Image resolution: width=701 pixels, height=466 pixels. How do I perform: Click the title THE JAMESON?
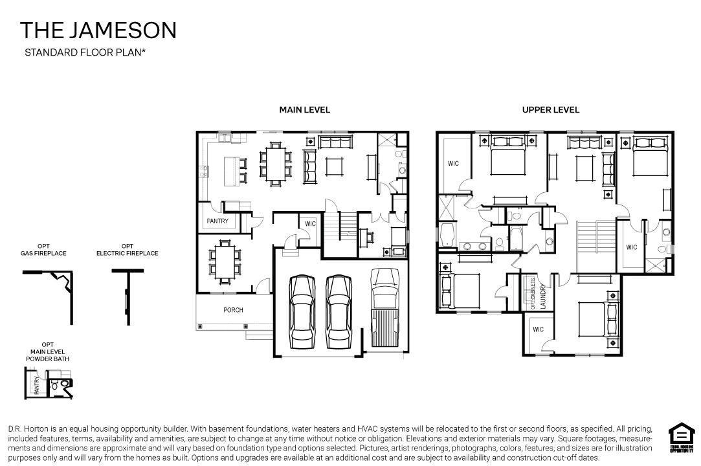pyautogui.click(x=98, y=30)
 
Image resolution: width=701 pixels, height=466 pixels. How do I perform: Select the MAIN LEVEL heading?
pyautogui.click(x=304, y=110)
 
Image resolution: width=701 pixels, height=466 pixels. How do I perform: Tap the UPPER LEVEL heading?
pyautogui.click(x=550, y=110)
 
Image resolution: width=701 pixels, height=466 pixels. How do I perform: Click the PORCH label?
pyautogui.click(x=233, y=310)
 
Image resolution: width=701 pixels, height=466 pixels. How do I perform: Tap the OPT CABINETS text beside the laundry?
pyautogui.click(x=533, y=295)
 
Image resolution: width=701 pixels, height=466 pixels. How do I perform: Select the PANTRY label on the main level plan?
pyautogui.click(x=217, y=221)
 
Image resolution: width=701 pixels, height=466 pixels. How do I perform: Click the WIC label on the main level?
pyautogui.click(x=310, y=224)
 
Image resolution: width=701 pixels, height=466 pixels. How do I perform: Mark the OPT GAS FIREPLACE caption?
pyautogui.click(x=43, y=250)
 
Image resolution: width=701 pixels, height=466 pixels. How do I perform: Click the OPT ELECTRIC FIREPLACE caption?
pyautogui.click(x=127, y=250)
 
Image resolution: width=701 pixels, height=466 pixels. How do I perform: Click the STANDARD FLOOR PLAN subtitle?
pyautogui.click(x=85, y=52)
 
